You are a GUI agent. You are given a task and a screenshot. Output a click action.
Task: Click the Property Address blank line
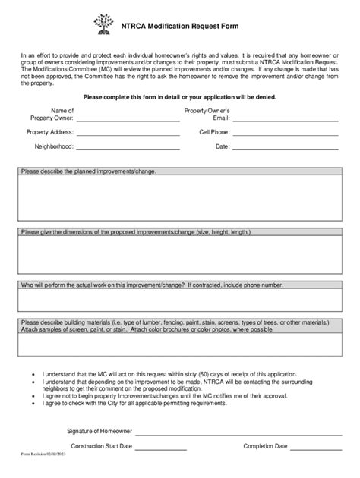[127, 134]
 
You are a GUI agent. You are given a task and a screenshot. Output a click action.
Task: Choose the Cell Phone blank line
[283, 134]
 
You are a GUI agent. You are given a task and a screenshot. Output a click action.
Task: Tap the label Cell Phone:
[214, 131]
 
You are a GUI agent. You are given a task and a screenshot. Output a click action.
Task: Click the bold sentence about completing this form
[180, 97]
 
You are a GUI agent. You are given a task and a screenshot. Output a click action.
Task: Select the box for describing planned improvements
[180, 197]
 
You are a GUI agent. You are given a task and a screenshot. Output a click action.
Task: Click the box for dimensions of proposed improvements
[180, 253]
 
